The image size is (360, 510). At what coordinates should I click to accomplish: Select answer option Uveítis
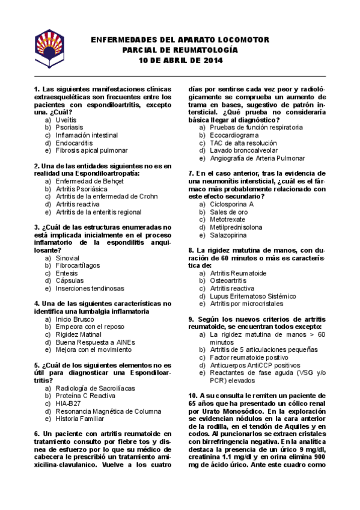(x=66, y=120)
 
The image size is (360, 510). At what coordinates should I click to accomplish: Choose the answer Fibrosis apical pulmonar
(x=91, y=150)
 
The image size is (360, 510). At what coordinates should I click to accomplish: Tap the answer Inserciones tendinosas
(x=90, y=288)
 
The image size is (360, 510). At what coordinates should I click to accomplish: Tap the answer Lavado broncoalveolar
(x=243, y=150)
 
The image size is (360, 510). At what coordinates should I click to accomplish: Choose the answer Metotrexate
(x=228, y=220)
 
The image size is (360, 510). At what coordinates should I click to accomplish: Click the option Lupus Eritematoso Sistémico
(x=253, y=296)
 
